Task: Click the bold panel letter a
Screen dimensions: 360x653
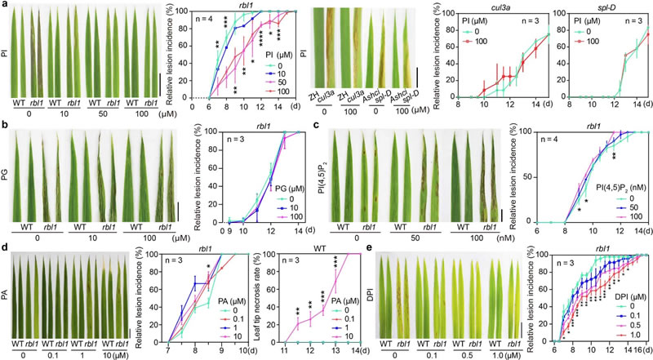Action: pos(4,6)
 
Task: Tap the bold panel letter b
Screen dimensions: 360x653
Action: pos(4,127)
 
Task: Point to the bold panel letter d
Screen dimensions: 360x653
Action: pos(4,242)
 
